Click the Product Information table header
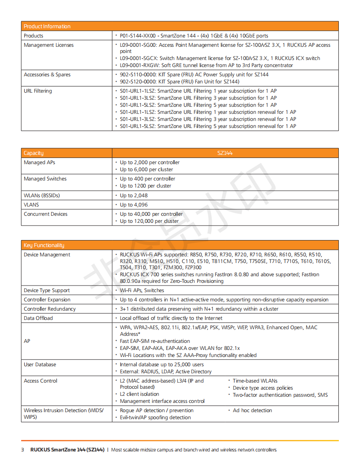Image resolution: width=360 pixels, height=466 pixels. click(x=47, y=26)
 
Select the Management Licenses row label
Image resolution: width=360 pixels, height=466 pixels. click(x=49, y=45)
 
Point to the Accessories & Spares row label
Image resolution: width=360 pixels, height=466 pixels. click(x=47, y=75)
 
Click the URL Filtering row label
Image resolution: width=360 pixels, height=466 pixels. click(x=38, y=91)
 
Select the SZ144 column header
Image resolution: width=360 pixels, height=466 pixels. click(x=225, y=153)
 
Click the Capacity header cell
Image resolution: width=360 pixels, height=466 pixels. click(x=34, y=153)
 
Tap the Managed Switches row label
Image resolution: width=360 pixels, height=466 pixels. click(x=45, y=179)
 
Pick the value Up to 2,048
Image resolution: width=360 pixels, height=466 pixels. click(x=134, y=195)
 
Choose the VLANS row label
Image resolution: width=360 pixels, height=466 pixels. click(x=31, y=205)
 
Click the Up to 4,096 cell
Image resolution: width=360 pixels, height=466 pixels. click(x=134, y=205)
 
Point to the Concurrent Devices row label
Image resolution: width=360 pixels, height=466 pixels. click(x=45, y=214)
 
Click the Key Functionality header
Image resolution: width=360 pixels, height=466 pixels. click(x=44, y=245)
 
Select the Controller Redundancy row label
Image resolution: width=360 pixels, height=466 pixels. click(x=50, y=309)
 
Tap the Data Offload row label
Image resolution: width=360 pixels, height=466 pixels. click(x=38, y=318)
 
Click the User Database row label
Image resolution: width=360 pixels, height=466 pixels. click(x=40, y=365)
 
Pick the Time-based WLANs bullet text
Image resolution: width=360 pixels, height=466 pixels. click(x=255, y=381)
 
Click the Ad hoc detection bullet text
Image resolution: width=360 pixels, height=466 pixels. click(x=252, y=410)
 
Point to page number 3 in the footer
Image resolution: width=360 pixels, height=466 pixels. click(x=22, y=450)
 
